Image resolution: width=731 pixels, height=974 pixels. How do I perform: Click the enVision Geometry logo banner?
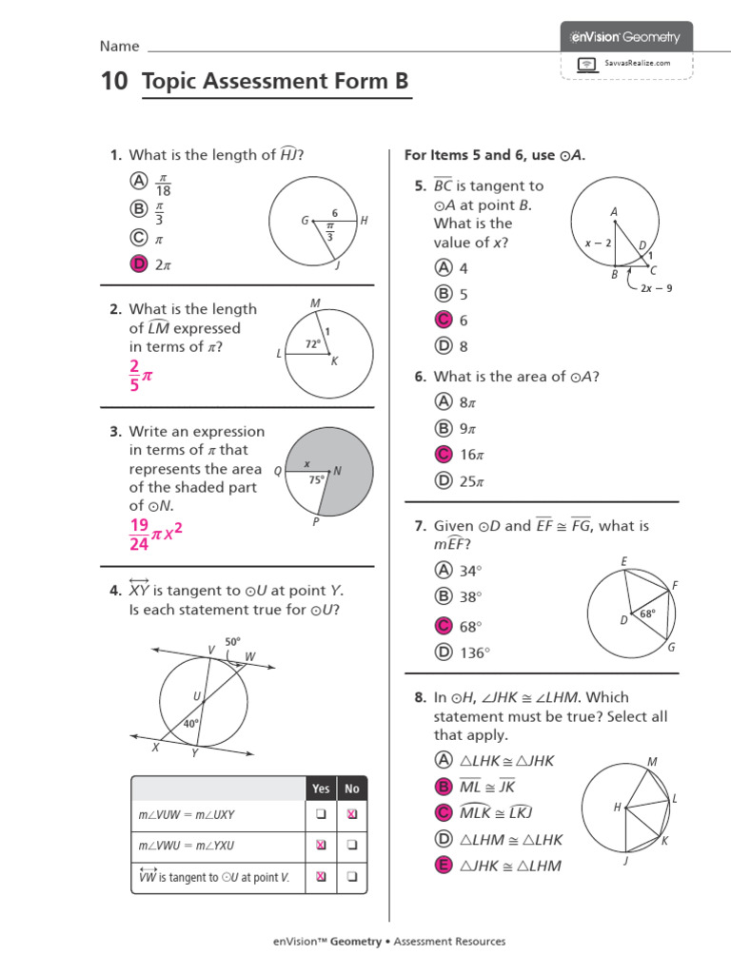point(625,37)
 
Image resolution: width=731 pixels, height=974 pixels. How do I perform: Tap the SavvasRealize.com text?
point(638,63)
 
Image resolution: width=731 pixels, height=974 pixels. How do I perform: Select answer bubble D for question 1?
point(140,265)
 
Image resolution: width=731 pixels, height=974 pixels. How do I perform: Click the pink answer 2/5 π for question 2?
point(140,377)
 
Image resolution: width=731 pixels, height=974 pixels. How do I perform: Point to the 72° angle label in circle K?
point(313,342)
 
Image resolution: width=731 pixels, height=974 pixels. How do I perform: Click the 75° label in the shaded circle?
point(316,480)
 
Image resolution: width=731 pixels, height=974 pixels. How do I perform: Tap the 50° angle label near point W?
point(233,642)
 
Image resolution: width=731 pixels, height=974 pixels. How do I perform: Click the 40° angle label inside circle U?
point(191,724)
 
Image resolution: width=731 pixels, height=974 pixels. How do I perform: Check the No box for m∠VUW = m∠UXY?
point(352,814)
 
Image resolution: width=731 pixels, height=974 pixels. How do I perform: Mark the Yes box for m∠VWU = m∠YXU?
point(321,845)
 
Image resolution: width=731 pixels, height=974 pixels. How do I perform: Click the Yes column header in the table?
point(321,789)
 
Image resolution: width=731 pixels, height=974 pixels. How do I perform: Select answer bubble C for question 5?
point(443,321)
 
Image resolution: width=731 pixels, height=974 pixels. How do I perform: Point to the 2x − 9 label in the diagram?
point(656,287)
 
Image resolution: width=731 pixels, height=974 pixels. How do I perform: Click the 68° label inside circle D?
point(647,614)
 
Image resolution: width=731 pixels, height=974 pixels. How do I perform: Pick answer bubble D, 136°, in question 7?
point(443,653)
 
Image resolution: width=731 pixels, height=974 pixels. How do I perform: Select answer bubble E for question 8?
point(443,865)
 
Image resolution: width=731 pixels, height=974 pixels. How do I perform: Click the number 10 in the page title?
point(113,82)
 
